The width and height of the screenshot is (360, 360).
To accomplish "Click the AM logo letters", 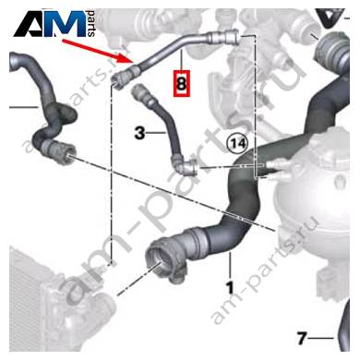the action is coord(50,24).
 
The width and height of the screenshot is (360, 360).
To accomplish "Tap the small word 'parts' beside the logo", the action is coord(90,24).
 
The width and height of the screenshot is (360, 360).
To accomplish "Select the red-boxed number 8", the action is coord(182,83).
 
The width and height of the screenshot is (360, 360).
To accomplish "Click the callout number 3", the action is coord(140,134).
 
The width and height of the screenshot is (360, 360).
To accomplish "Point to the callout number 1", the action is coord(230,287).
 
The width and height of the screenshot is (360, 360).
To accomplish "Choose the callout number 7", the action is coord(302,339).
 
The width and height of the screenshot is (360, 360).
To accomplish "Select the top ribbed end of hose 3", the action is coord(142,93).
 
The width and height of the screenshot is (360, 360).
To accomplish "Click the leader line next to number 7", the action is coord(320,339).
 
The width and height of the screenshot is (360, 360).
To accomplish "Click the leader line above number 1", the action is coord(230,265).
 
